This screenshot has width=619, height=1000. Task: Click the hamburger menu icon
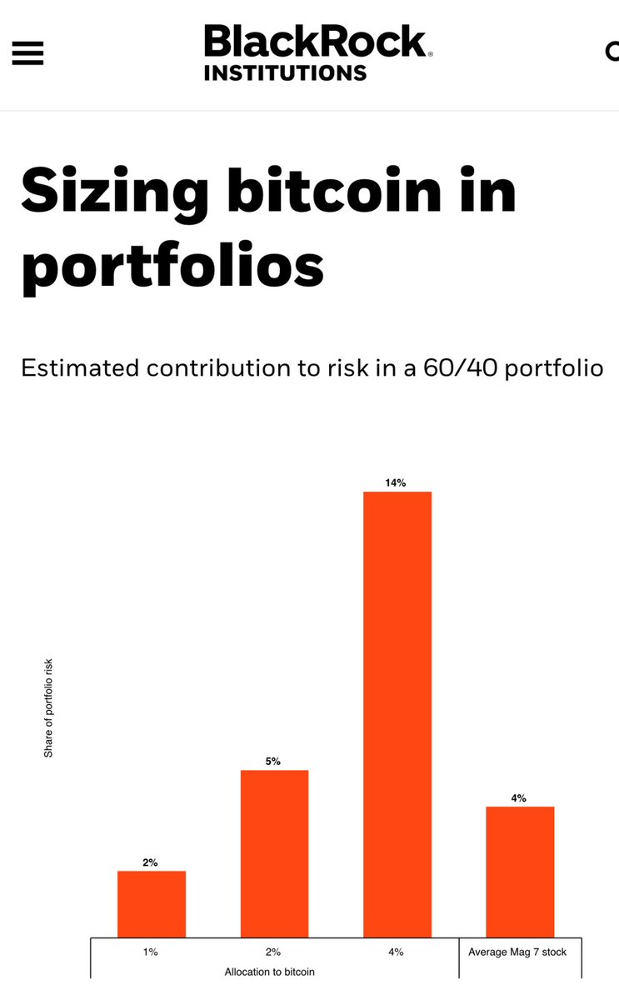point(27,53)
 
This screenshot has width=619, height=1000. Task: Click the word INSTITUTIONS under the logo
point(285,73)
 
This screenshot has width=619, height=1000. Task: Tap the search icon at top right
point(612,52)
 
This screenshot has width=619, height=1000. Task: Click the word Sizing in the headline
point(115,190)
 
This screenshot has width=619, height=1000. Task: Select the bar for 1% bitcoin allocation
point(151,904)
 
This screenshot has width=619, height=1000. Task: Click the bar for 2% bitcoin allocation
point(274,853)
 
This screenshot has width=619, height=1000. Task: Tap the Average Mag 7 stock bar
point(520,872)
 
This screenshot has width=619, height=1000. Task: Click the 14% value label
point(396,482)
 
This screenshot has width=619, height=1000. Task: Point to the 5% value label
point(273,761)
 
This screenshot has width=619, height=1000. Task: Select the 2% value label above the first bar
point(150,862)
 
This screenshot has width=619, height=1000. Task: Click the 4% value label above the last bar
point(518,797)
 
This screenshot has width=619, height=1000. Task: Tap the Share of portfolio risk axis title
point(48,707)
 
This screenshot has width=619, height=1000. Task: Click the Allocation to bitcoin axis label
point(270,972)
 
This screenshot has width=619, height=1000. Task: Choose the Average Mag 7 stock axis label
point(517,952)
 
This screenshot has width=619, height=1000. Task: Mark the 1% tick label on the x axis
point(150,952)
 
